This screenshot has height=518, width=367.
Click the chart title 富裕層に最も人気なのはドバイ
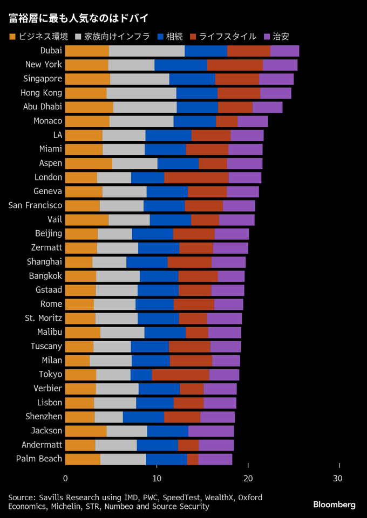(79, 18)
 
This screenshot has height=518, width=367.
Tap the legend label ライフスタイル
(227, 37)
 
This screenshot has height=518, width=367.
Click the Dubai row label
(51, 51)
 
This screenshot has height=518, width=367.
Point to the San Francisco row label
(36, 205)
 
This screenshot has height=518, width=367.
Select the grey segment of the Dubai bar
(146, 51)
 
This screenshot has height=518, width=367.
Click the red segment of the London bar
(196, 177)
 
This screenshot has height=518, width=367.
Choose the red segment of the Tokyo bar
(180, 374)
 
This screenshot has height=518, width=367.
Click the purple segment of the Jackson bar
(211, 431)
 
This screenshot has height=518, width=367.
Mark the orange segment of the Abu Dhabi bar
(89, 107)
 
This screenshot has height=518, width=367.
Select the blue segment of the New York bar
(180, 65)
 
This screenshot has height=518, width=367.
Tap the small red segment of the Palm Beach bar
(193, 459)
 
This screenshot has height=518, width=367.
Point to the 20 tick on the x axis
(248, 478)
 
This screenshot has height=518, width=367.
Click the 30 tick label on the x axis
(339, 478)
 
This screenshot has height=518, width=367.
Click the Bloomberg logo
(334, 505)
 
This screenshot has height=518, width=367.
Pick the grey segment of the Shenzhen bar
(108, 417)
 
